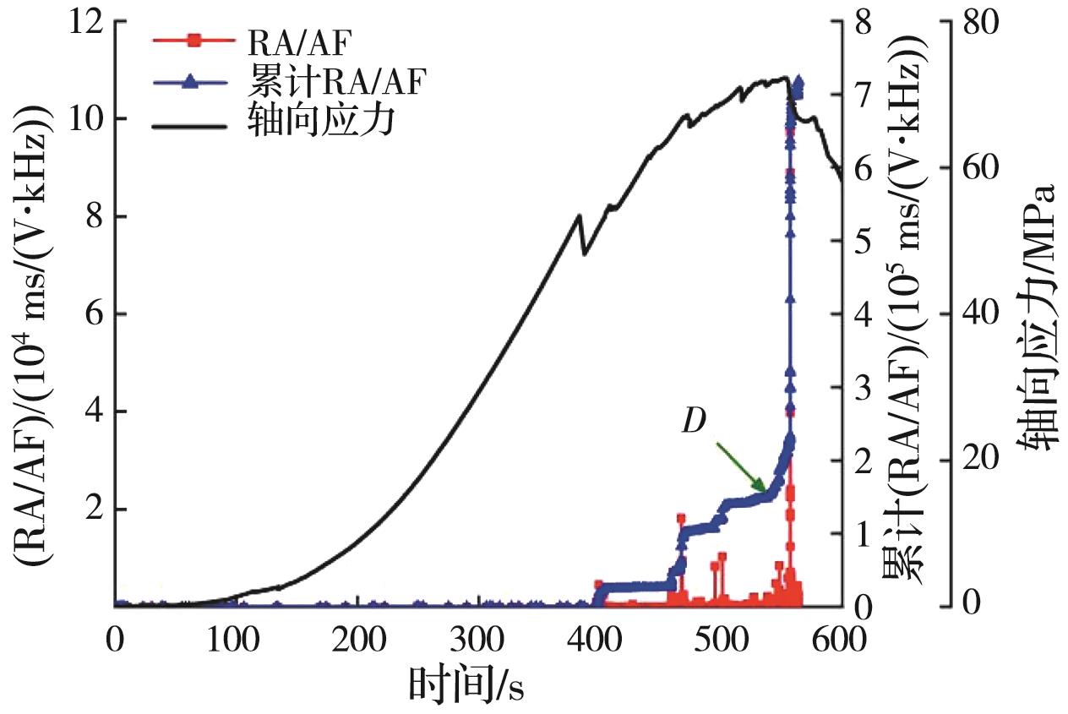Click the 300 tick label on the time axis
coord(477,637)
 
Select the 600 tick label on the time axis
coord(842,637)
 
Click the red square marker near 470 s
coord(681,518)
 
